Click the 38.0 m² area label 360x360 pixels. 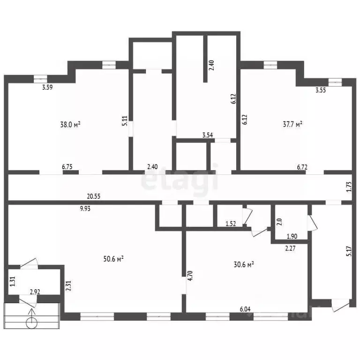[x=70, y=124]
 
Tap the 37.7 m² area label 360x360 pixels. [x=292, y=124]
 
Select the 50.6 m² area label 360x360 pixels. [x=114, y=259]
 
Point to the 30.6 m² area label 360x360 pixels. [x=244, y=265]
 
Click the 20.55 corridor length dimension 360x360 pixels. [x=94, y=196]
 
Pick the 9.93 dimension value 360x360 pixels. [x=85, y=209]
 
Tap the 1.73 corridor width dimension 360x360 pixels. [x=349, y=187]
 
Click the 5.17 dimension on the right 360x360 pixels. [x=349, y=251]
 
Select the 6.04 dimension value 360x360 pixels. [x=245, y=309]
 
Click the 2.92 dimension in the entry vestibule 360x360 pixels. [x=35, y=292]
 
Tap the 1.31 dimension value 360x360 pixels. [x=13, y=281]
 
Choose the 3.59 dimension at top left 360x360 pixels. [x=47, y=87]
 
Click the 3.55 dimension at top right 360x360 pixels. [x=321, y=90]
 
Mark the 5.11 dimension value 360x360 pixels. [x=125, y=121]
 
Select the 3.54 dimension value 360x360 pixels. [x=208, y=135]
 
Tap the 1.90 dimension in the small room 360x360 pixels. [x=292, y=236]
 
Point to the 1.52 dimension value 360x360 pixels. [x=231, y=224]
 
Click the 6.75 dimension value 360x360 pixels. [x=67, y=166]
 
